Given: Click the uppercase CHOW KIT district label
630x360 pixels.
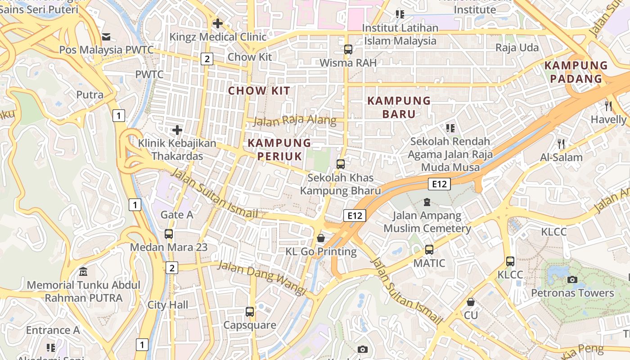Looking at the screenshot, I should tap(259, 91).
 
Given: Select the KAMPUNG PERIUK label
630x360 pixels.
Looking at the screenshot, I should tap(279, 149).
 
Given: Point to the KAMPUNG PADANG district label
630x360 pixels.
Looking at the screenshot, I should tap(576, 72).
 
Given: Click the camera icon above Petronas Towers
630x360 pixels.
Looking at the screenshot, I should tap(572, 279).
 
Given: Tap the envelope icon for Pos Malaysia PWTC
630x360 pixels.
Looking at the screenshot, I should tap(106, 36).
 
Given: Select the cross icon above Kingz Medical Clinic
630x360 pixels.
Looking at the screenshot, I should tap(218, 23).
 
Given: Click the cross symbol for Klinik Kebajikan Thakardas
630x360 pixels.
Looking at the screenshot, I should tap(177, 130).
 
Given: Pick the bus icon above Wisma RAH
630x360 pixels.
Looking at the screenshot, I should tap(348, 49).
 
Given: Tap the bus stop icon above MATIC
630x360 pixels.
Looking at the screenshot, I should tap(429, 249).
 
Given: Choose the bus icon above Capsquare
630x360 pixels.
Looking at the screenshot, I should tap(250, 311).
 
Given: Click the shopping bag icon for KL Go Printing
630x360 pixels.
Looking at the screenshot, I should tap(321, 238).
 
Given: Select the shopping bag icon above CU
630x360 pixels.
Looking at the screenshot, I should tap(471, 301).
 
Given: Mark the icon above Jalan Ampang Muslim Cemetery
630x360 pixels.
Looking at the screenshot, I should tap(427, 202).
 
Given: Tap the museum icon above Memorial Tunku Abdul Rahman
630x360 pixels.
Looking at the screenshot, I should tap(83, 271).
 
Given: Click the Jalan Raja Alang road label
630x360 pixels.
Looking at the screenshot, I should tap(295, 120).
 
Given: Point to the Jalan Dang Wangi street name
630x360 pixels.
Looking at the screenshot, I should tap(262, 279).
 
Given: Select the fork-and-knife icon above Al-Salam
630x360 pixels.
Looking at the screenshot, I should tap(561, 144).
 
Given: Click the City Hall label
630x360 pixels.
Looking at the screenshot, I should tap(168, 305).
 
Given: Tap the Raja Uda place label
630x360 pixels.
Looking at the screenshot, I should tap(517, 48).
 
